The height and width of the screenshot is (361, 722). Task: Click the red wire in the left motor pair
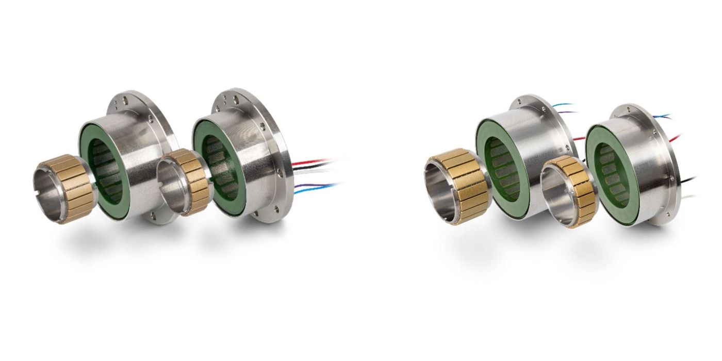click(309, 162)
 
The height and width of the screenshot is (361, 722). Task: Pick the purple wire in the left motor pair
click(309, 185)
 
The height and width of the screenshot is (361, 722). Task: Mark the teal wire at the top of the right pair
click(562, 106)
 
